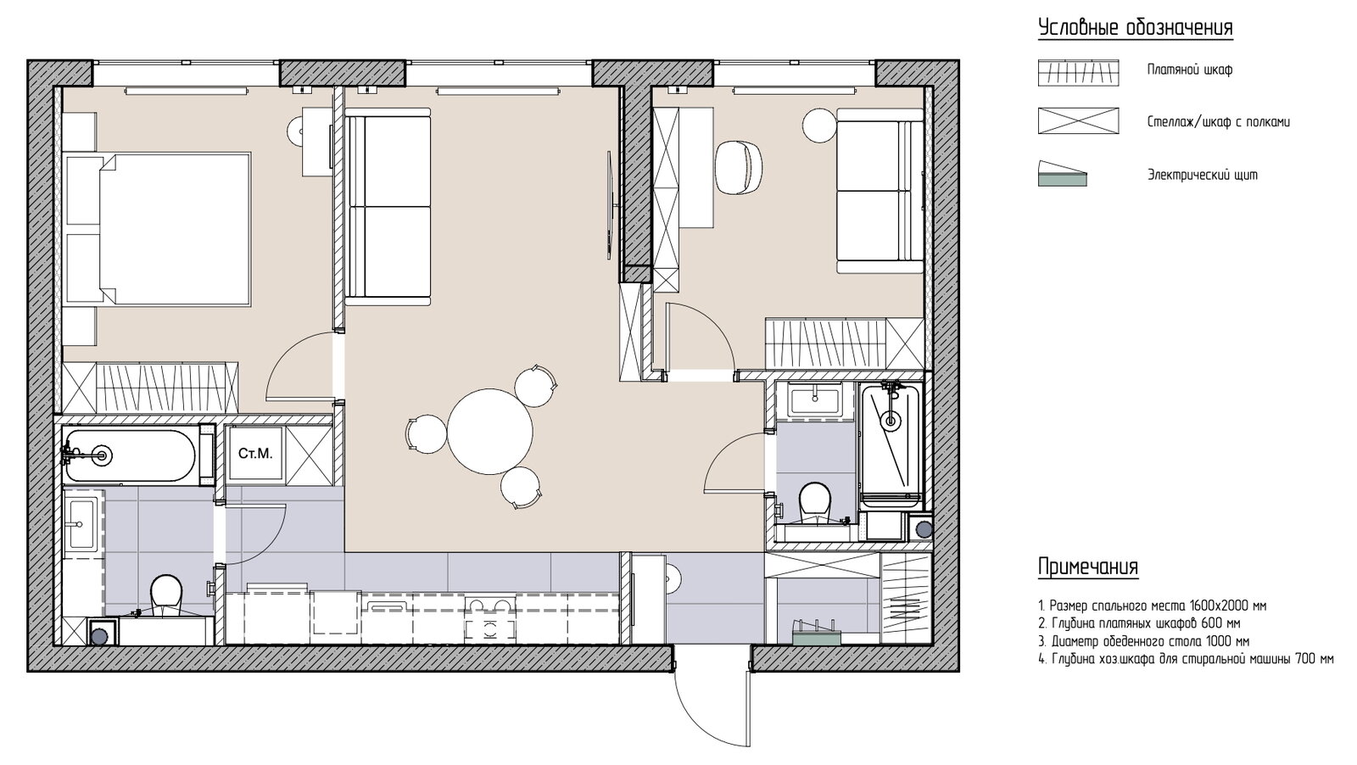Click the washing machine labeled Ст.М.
click(255, 455)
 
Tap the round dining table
click(490, 431)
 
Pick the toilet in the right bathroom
click(815, 503)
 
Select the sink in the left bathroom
click(81, 524)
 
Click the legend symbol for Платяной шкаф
click(1078, 73)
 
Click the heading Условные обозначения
click(1136, 28)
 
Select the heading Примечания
click(1088, 567)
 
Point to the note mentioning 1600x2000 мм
click(1153, 606)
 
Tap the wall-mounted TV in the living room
click(611, 205)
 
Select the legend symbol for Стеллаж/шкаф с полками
click(1078, 120)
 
